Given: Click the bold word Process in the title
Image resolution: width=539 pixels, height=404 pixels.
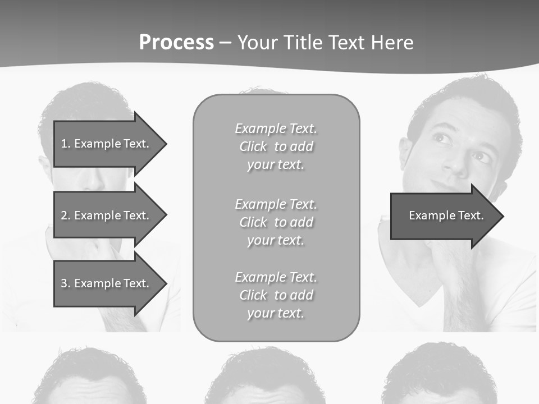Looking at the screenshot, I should [x=176, y=42].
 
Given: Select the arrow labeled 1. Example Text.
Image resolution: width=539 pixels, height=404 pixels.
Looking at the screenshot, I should [x=106, y=144].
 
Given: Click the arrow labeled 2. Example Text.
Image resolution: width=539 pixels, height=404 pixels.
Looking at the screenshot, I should [x=106, y=215].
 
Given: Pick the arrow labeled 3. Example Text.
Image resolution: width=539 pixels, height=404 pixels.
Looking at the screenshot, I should [x=106, y=283].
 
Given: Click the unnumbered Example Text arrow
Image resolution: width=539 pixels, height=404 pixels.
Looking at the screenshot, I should [x=446, y=215].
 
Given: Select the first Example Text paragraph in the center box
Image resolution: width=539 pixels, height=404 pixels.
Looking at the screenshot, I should [x=276, y=146].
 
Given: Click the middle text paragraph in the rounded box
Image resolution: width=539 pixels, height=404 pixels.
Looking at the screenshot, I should [x=276, y=222].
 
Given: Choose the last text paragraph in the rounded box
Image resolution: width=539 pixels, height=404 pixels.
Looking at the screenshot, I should [x=276, y=295].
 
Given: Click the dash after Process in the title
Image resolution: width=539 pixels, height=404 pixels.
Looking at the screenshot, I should [x=225, y=43].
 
